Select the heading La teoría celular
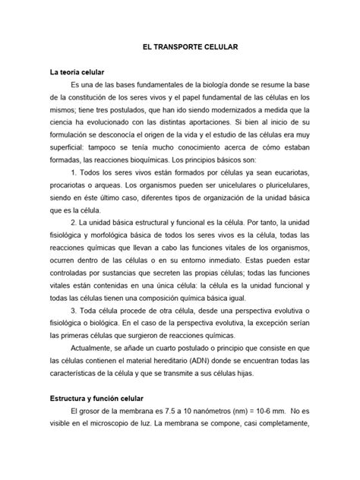[x=82, y=71]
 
